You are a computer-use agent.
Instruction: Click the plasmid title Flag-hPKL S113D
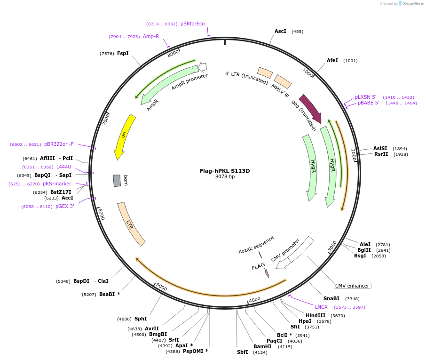coord(225,171)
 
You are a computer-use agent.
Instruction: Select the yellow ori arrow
coord(124,136)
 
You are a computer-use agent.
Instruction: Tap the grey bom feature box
coord(117,181)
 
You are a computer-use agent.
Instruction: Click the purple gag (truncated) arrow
coord(310,109)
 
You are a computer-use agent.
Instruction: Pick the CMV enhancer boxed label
coord(352,286)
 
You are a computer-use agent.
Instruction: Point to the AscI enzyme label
coord(280,31)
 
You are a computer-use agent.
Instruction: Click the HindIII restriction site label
coord(316,315)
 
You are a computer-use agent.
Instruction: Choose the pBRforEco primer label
coord(193,24)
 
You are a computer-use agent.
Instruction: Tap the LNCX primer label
coord(321,307)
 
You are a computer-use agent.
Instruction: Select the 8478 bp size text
coord(225,177)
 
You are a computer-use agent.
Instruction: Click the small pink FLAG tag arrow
coord(267,272)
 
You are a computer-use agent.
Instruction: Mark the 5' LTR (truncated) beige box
coord(265,72)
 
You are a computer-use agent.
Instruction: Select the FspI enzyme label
coord(123,53)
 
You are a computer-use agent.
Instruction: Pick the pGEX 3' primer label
coord(65,206)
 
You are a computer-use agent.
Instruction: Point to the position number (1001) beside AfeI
coord(350,61)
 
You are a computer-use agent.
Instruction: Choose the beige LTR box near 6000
coord(131,224)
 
